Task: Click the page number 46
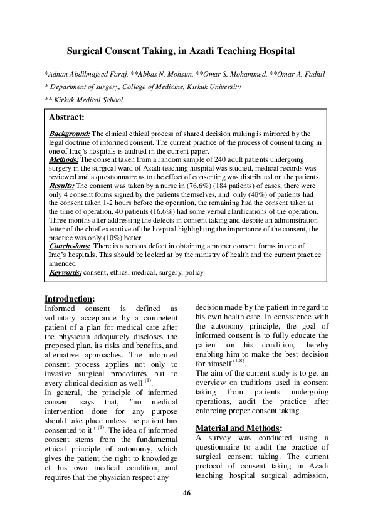coord(186,510)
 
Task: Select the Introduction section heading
coord(69,298)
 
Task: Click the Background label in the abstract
coord(70,134)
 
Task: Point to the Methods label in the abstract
coord(65,160)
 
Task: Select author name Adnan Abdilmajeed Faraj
coord(85,74)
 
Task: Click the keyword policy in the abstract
coord(194,273)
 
